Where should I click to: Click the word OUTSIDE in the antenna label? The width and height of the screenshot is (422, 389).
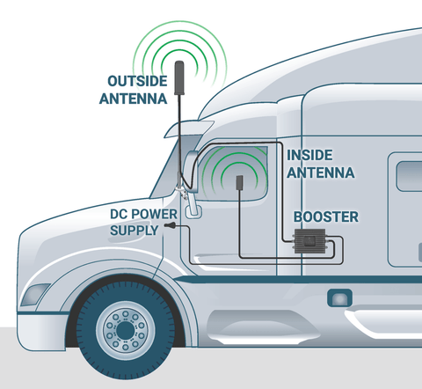pos(137,81)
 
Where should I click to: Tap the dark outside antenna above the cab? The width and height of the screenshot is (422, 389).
pos(179,77)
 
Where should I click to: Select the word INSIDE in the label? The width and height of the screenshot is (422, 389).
pos(309,155)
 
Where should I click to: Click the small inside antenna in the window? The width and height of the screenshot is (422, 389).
pos(240,182)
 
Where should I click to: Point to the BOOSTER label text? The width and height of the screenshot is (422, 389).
pos(326,217)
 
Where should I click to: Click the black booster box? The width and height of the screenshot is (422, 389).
pos(310,241)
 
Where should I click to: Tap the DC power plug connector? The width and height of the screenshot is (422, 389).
pos(171,225)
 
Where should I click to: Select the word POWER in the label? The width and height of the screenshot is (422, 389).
pos(154,214)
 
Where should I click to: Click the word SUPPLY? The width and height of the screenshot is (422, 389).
pos(135,231)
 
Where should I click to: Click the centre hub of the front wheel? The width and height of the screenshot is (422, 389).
pos(126,330)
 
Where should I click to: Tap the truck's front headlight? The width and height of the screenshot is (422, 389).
pos(34,294)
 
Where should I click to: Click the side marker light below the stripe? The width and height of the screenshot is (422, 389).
pos(339,298)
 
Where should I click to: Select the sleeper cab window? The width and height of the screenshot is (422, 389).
pos(410,176)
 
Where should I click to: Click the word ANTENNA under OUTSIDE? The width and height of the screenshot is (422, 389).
pos(134,99)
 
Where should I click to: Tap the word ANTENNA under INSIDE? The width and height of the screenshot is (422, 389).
pos(321,172)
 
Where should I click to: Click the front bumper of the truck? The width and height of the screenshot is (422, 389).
pos(41,332)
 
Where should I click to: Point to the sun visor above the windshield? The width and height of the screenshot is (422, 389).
pos(189,128)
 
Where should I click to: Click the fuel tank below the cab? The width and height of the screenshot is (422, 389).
pos(264,327)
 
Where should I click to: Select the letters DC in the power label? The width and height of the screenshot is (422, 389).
pos(119,214)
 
